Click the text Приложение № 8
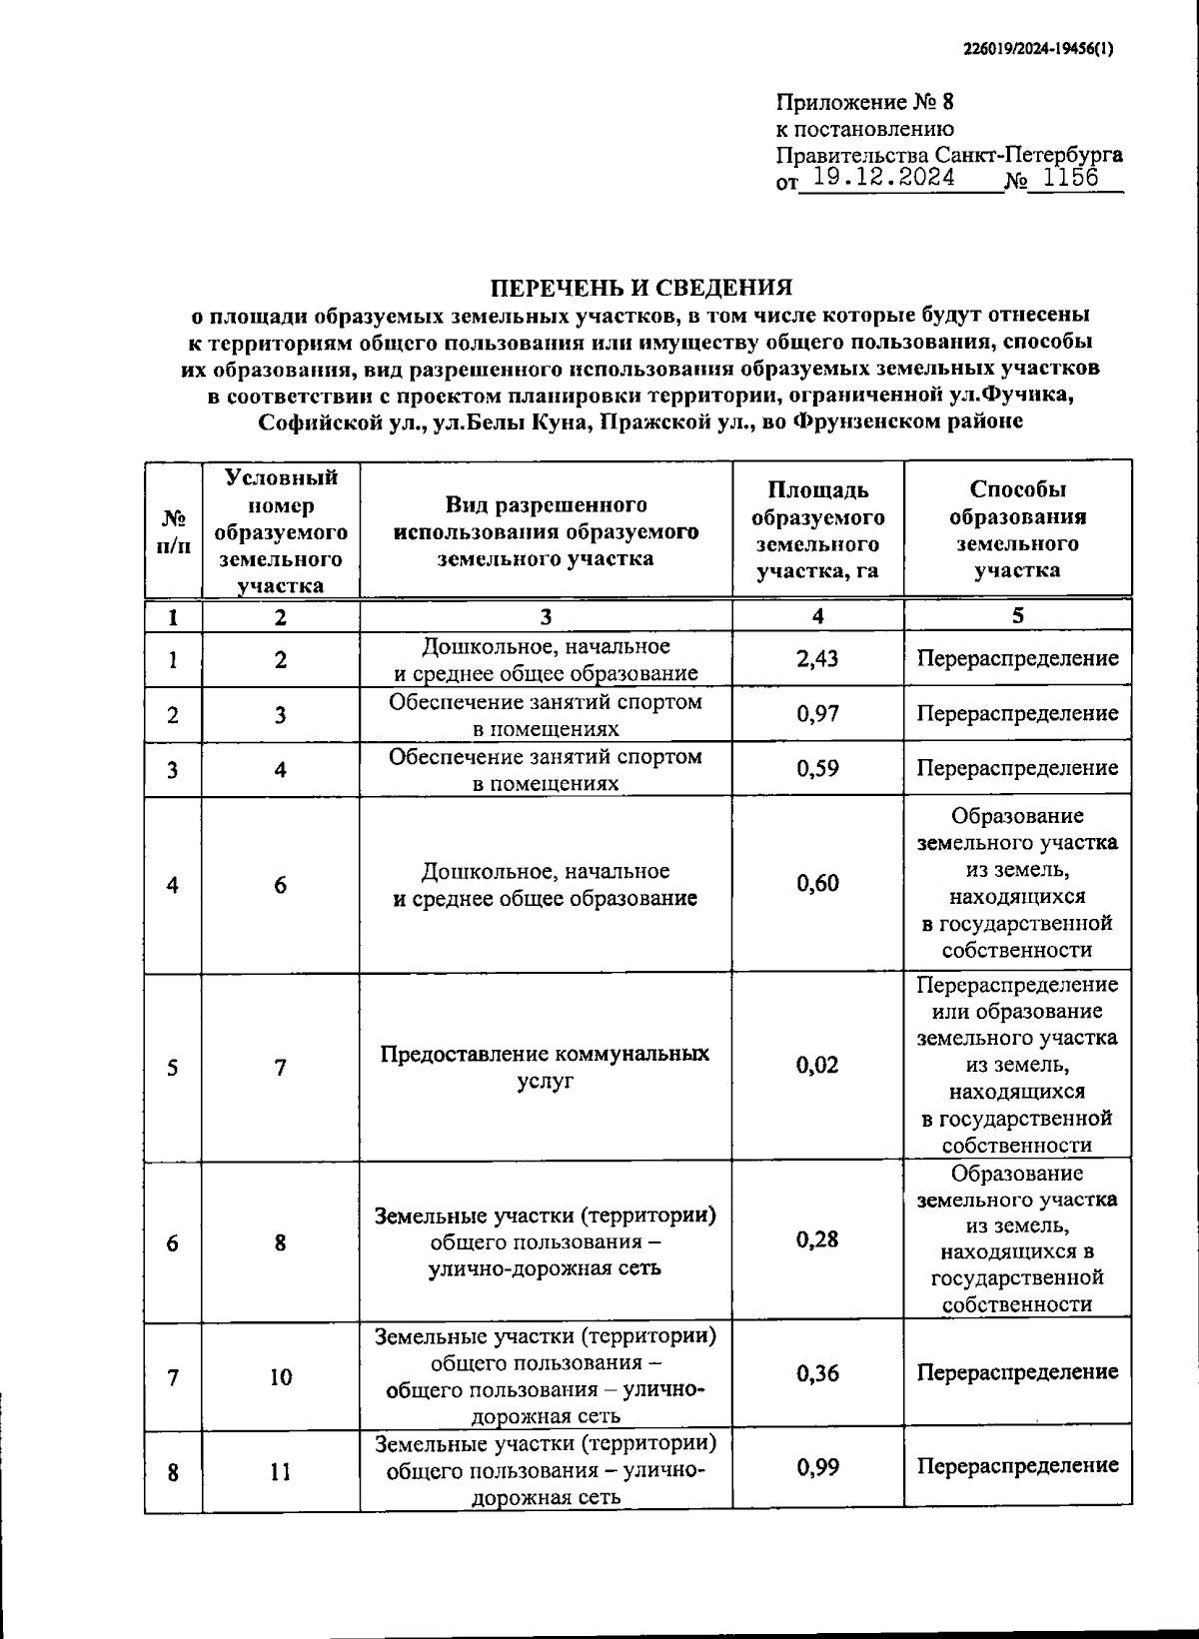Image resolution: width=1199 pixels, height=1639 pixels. point(865,103)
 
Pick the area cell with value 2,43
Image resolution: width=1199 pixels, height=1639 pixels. point(817,659)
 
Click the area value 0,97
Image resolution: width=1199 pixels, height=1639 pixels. point(817,714)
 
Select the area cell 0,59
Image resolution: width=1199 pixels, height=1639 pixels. point(817,769)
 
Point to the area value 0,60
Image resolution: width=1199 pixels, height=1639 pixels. point(817,884)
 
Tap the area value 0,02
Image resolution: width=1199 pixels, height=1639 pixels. point(817,1066)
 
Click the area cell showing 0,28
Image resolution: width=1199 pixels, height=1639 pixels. point(817,1240)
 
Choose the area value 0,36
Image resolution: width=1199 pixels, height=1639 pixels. point(817,1374)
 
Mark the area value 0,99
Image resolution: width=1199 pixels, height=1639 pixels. point(817,1467)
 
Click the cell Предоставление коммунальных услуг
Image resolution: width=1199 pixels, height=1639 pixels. point(546,1067)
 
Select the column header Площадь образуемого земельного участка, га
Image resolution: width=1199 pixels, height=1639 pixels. point(817,531)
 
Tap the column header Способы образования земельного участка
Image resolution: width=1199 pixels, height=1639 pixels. point(1017,530)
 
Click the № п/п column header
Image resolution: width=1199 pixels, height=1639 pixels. point(173,531)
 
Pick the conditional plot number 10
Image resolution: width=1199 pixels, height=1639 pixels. point(281,1377)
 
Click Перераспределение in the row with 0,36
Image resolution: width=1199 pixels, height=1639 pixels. point(1017,1372)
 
